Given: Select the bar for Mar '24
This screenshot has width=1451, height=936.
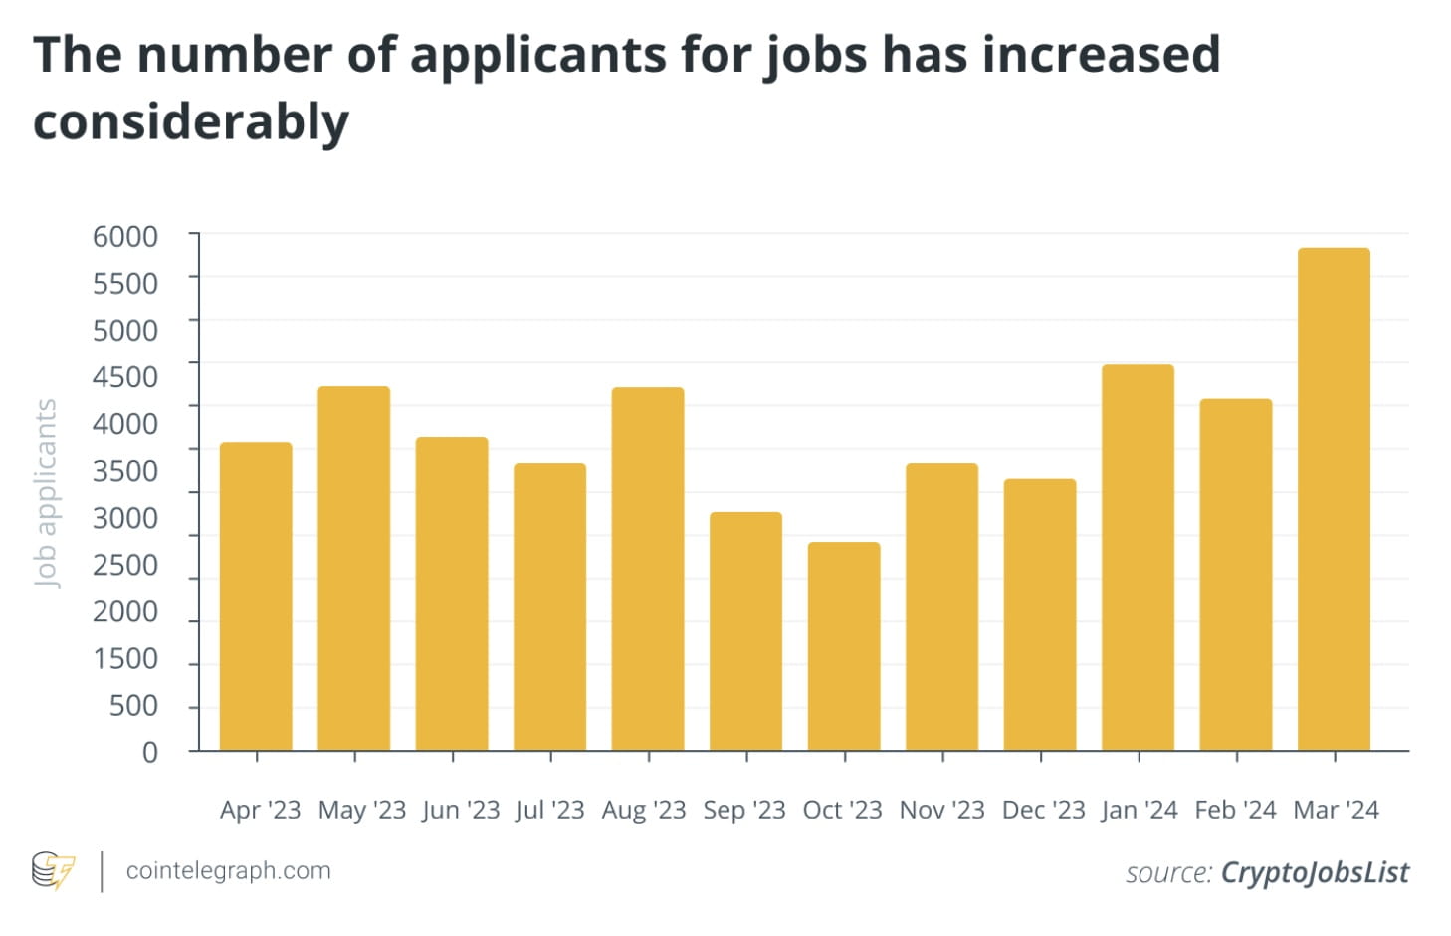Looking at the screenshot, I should pyautogui.click(x=1334, y=499).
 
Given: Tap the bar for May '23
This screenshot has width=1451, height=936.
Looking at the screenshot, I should pyautogui.click(x=354, y=568).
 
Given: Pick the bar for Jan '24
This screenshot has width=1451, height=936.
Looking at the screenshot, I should pyautogui.click(x=1138, y=558).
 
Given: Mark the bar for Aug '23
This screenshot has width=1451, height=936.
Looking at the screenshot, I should pyautogui.click(x=648, y=569).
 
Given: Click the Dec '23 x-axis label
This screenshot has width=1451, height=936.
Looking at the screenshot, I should pyautogui.click(x=1043, y=810).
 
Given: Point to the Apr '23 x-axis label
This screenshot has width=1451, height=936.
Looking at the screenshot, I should pyautogui.click(x=260, y=810).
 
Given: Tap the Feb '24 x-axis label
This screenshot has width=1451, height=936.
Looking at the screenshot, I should pyautogui.click(x=1235, y=810).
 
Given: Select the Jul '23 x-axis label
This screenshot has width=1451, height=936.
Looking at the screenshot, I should pyautogui.click(x=550, y=810).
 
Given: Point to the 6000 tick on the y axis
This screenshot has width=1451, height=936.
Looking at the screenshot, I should pyautogui.click(x=125, y=237).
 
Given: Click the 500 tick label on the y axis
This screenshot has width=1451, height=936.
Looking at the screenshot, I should pyautogui.click(x=133, y=706).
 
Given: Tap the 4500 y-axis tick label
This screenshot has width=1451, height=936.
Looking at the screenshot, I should pyautogui.click(x=125, y=377).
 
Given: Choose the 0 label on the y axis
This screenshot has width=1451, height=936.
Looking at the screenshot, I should pyautogui.click(x=150, y=752).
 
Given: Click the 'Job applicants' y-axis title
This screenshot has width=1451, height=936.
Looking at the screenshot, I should pyautogui.click(x=46, y=493).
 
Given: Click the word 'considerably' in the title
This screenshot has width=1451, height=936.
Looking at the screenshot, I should pyautogui.click(x=191, y=122).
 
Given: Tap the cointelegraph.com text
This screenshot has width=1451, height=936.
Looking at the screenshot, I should pyautogui.click(x=228, y=871).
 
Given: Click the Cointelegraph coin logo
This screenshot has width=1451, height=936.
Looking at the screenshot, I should pyautogui.click(x=53, y=870).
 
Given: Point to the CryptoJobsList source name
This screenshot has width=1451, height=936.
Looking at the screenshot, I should pyautogui.click(x=1315, y=873).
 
